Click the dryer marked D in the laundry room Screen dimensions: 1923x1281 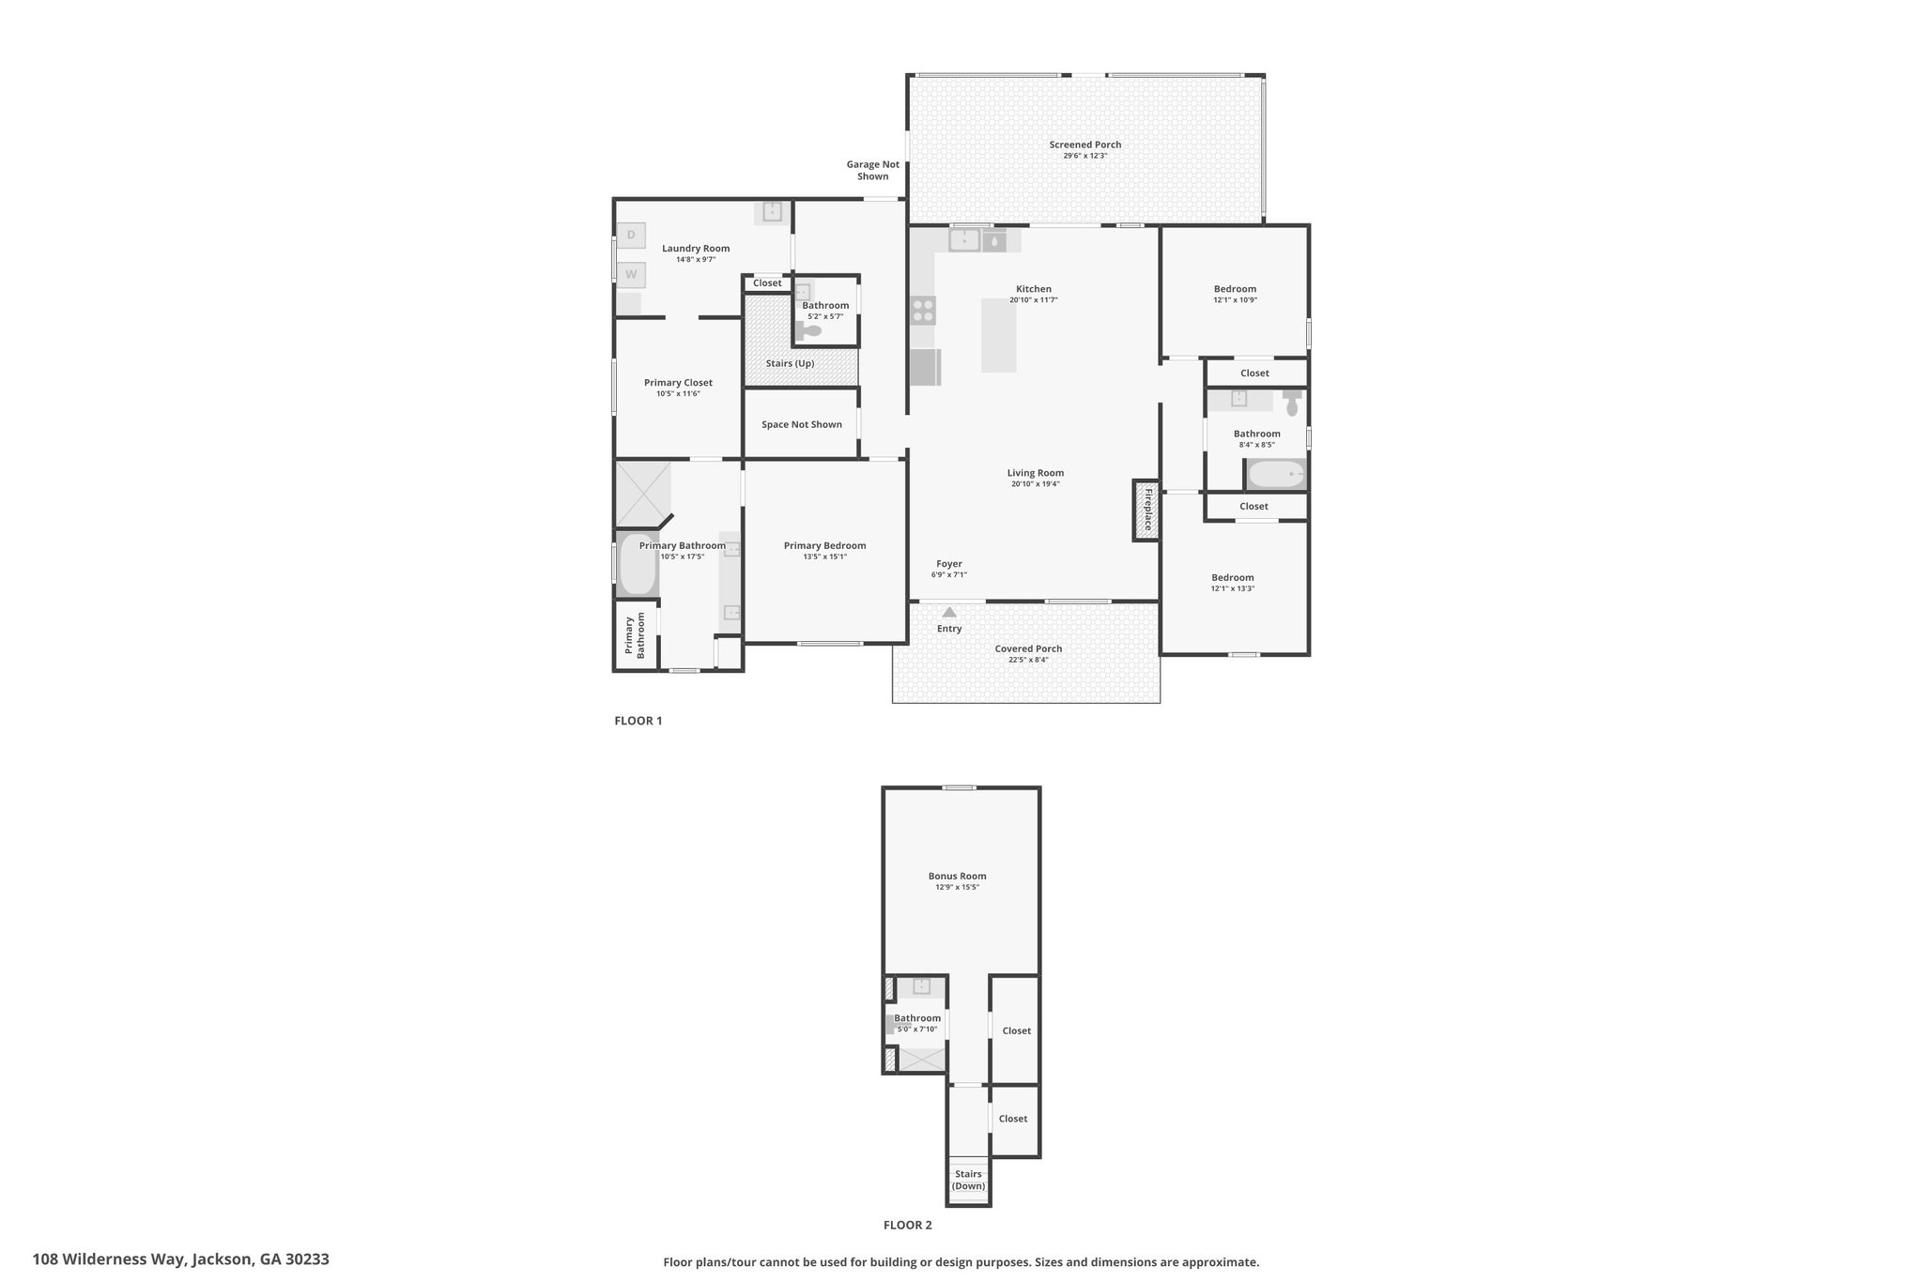[631, 235]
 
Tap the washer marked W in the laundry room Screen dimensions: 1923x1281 [631, 275]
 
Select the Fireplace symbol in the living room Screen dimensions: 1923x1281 [1146, 511]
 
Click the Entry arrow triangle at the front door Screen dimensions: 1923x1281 [949, 612]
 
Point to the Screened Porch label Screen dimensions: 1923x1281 [1085, 145]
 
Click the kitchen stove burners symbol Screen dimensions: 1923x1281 [923, 310]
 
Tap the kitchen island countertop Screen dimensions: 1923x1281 [999, 335]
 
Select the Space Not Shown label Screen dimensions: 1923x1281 [802, 424]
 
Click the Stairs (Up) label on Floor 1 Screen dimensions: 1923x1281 [790, 363]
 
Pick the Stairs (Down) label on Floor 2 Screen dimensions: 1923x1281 [968, 1180]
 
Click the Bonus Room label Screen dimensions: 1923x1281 [958, 877]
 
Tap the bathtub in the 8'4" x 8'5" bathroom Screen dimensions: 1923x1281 [1276, 475]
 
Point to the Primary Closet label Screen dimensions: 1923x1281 [678, 383]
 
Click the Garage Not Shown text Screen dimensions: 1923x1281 [873, 170]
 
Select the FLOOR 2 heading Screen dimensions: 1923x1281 [908, 1225]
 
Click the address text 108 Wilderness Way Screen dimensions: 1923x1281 [110, 1259]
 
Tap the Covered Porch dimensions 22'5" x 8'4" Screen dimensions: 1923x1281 [1029, 660]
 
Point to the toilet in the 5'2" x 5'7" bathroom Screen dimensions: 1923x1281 [808, 330]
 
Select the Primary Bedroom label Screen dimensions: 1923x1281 [825, 546]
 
